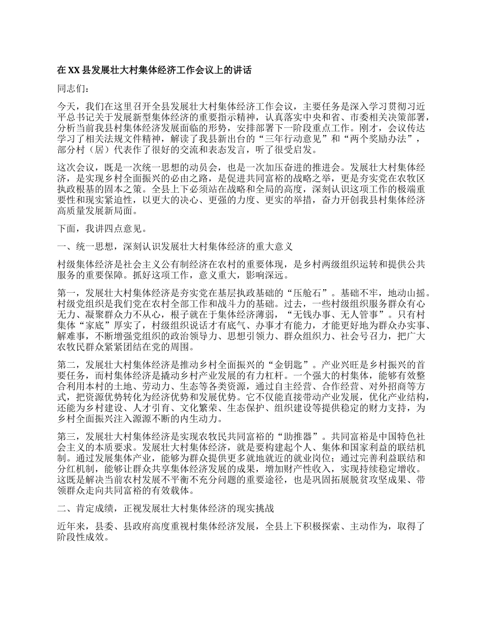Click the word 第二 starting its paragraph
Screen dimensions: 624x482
[66, 364]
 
